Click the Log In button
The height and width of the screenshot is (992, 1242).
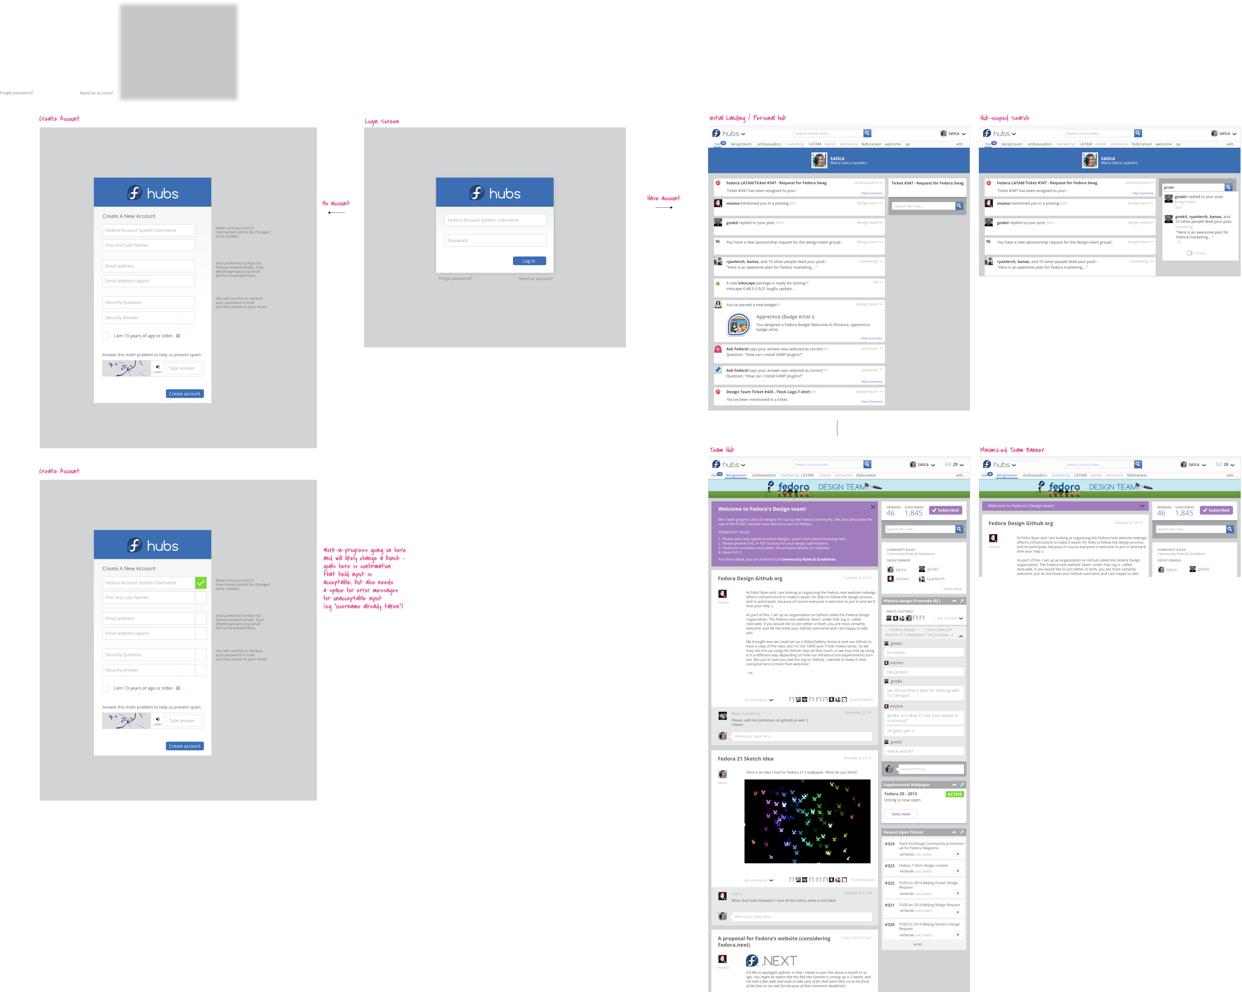click(x=529, y=261)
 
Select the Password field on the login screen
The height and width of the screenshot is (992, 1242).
click(x=495, y=241)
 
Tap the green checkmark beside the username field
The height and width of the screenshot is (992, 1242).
click(x=201, y=583)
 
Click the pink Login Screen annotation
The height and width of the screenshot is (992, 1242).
click(x=382, y=121)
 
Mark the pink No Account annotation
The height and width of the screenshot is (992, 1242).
click(x=336, y=203)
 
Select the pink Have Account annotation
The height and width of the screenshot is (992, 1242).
click(x=664, y=198)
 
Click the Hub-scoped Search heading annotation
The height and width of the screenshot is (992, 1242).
click(x=1004, y=118)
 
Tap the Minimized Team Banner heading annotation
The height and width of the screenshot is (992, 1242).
click(x=1012, y=450)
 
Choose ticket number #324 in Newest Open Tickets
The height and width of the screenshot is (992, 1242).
click(x=889, y=844)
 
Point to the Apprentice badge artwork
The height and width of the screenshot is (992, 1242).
click(x=738, y=325)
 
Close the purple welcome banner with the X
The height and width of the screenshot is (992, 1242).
click(x=873, y=507)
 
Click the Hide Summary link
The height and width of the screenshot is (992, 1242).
click(x=871, y=338)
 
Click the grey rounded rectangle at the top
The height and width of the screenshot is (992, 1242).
click(x=179, y=52)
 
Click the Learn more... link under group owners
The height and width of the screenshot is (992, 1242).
click(x=953, y=589)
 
